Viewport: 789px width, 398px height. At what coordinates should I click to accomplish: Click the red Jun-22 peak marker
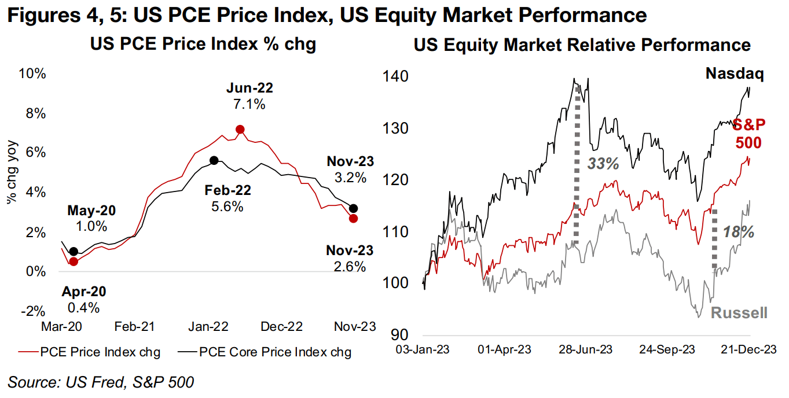pyautogui.click(x=240, y=130)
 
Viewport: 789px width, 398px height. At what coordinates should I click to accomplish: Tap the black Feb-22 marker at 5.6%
pyautogui.click(x=214, y=160)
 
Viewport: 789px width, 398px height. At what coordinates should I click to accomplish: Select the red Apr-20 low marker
pyautogui.click(x=74, y=261)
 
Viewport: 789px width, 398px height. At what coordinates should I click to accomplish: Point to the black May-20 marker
pyautogui.click(x=74, y=252)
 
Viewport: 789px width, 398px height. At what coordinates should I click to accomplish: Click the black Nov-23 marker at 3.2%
pyautogui.click(x=354, y=208)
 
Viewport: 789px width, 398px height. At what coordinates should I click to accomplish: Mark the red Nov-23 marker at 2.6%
pyautogui.click(x=354, y=218)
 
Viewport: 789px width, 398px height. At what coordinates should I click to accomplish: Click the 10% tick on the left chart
pyautogui.click(x=32, y=74)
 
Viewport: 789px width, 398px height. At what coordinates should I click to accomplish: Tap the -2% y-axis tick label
pyautogui.click(x=33, y=311)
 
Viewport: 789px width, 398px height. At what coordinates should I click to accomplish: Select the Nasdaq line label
pyautogui.click(x=735, y=74)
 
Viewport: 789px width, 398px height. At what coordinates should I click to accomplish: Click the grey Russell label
pyautogui.click(x=739, y=313)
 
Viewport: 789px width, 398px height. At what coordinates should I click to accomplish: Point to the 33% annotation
pyautogui.click(x=604, y=164)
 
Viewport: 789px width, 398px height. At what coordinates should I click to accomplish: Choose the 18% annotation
pyautogui.click(x=739, y=233)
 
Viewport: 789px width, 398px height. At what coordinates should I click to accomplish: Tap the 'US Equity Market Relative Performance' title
pyautogui.click(x=582, y=45)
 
